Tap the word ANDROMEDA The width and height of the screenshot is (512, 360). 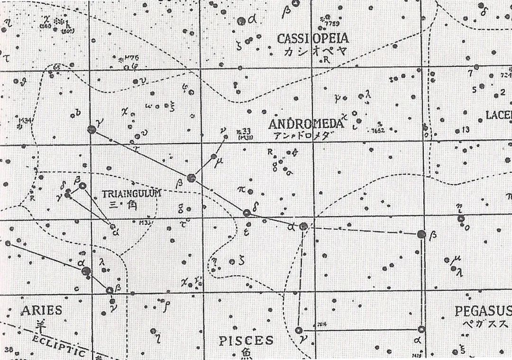[305, 124]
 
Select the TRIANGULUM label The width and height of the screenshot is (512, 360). [131, 194]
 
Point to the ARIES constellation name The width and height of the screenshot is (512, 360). [41, 311]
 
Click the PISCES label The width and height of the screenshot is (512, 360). [246, 340]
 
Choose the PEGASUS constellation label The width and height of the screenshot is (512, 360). [483, 311]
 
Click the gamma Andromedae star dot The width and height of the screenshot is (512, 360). [91, 129]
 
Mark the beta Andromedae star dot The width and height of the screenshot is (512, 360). [191, 178]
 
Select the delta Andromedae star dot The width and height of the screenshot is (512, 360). [247, 213]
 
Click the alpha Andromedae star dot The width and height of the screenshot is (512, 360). [303, 227]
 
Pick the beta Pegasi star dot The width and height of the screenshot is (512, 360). [421, 234]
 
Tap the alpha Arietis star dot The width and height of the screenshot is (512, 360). [86, 271]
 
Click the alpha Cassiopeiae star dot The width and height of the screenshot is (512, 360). [241, 21]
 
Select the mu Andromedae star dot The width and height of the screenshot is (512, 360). [214, 156]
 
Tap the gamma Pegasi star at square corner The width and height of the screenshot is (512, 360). [299, 331]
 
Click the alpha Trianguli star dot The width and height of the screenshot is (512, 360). [113, 226]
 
